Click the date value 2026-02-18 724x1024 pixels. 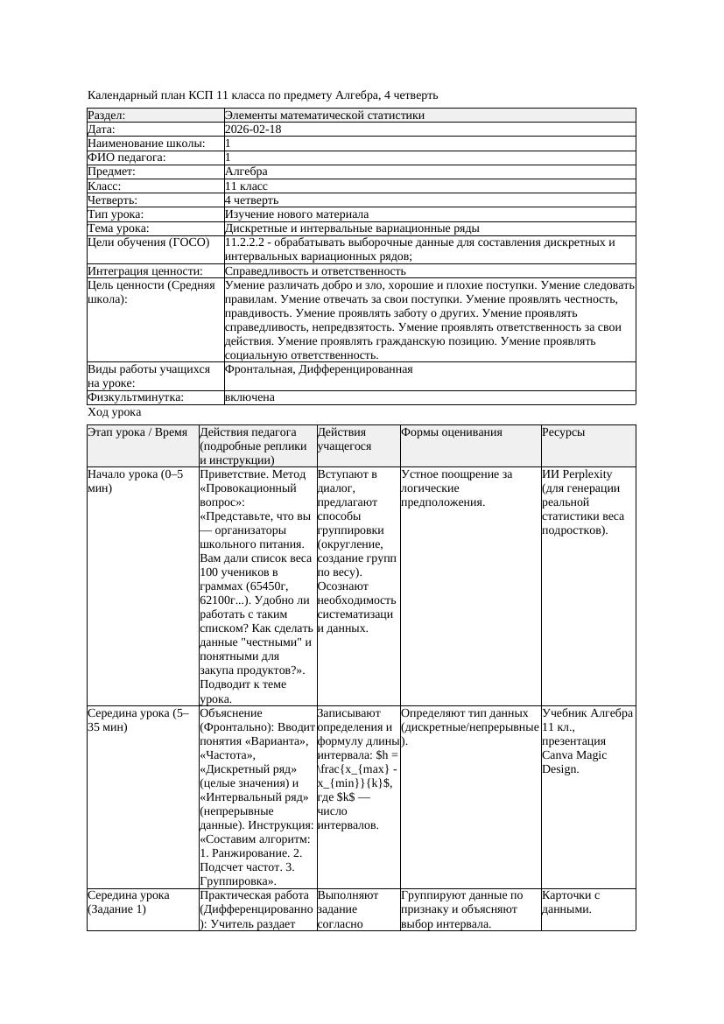253,130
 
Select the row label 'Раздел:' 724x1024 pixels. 107,116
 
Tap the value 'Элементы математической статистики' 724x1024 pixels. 324,116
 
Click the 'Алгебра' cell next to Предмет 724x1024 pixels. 246,172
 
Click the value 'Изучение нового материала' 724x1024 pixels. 297,214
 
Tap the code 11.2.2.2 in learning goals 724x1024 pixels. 251,242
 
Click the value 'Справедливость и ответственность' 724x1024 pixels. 315,271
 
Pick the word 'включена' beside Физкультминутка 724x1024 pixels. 250,397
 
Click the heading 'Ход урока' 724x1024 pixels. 115,412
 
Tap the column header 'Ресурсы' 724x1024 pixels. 564,432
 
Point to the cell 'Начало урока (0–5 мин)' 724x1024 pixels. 135,481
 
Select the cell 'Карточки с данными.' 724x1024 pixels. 571,902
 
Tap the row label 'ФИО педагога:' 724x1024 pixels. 127,158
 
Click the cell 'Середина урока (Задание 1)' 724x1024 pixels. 129,902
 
